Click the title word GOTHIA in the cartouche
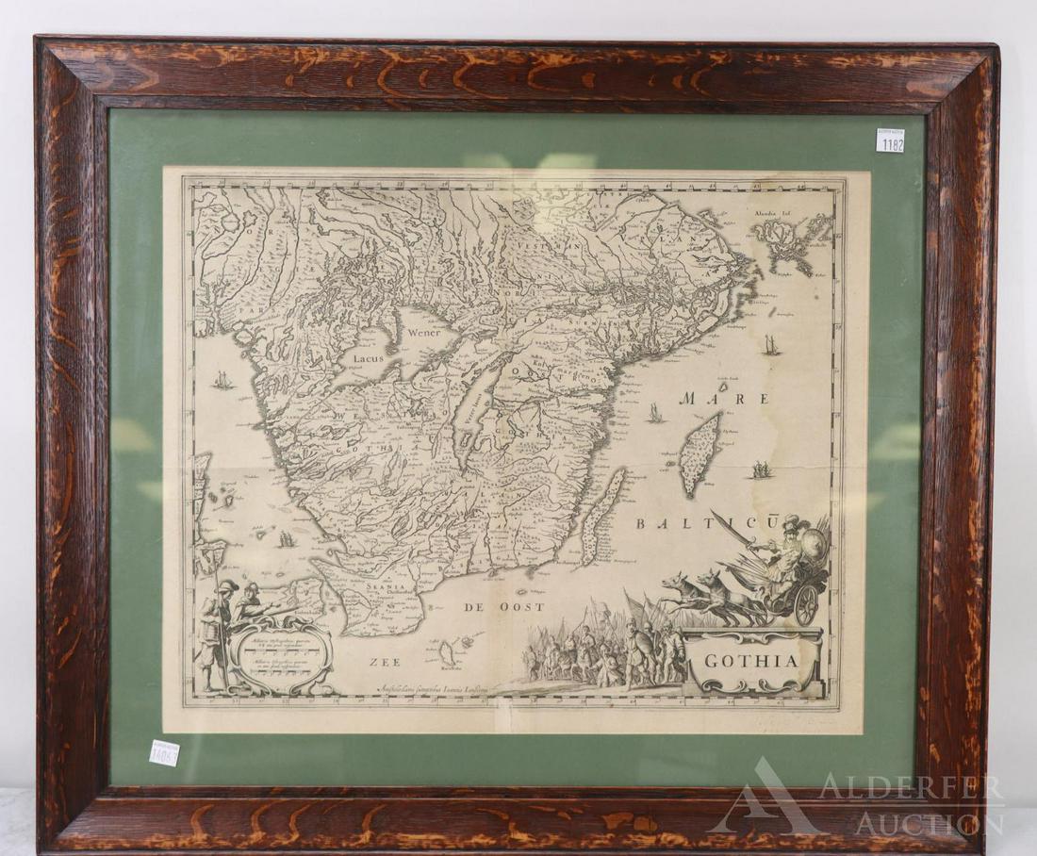750,661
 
